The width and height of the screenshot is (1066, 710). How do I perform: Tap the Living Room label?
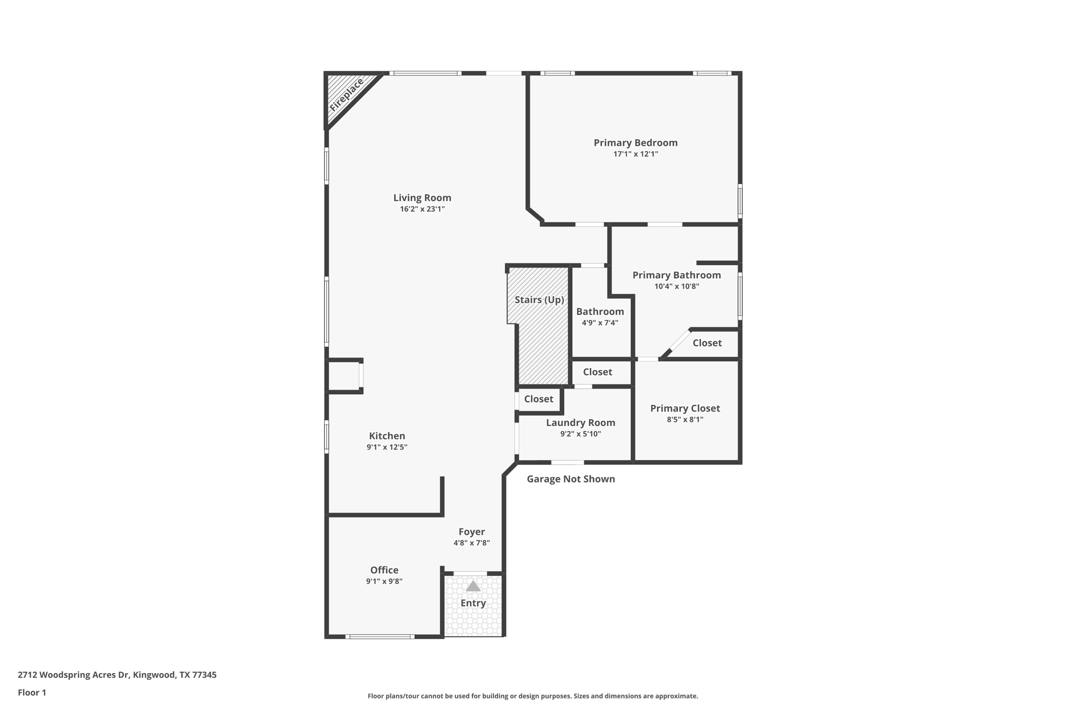(422, 198)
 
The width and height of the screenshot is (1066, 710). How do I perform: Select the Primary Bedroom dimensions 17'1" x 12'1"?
(636, 154)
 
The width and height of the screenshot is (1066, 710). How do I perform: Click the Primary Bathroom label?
(677, 275)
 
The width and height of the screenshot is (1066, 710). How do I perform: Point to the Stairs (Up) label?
(539, 300)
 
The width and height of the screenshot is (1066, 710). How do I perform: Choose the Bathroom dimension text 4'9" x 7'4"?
(600, 323)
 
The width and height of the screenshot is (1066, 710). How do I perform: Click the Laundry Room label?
(580, 423)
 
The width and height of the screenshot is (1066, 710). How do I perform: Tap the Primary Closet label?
(685, 408)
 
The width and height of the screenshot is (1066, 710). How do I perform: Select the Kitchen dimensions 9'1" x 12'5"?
(387, 447)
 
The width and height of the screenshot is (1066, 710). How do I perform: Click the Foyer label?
(472, 532)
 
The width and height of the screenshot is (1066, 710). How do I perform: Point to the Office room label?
(384, 570)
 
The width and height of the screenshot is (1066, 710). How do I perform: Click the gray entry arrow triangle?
(473, 587)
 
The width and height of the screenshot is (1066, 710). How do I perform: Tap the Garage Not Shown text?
(570, 479)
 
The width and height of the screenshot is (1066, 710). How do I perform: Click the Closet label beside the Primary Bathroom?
(707, 343)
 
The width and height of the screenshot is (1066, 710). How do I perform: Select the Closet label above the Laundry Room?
(597, 372)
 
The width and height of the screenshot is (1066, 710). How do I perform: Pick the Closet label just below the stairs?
(538, 399)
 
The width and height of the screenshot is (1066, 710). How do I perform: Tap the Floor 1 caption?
(32, 692)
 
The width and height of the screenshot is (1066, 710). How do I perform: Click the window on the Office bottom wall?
(380, 637)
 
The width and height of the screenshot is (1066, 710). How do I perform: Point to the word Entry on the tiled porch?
(473, 603)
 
